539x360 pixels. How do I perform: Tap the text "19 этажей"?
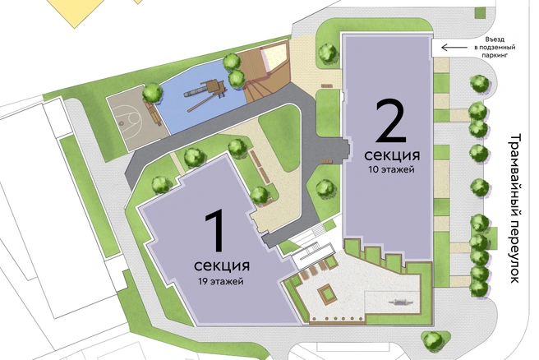221,281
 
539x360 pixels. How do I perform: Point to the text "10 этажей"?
392,169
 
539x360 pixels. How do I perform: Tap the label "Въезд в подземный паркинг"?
495,47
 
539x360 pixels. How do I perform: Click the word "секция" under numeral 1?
222,265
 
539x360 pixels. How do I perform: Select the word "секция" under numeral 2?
392,155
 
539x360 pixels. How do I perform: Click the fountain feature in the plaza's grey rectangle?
400,302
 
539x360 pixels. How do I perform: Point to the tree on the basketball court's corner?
152,92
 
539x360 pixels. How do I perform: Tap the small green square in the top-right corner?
480,12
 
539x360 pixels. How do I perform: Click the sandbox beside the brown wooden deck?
274,56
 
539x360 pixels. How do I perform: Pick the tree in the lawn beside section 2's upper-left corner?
328,53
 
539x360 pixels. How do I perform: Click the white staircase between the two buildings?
313,256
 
